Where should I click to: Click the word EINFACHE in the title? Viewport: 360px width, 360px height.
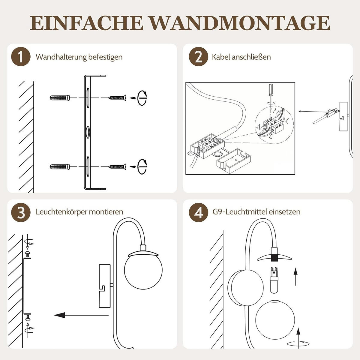coord(86,23)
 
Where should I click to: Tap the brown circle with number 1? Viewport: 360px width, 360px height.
coord(21,56)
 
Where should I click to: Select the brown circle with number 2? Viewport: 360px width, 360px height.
coord(198,56)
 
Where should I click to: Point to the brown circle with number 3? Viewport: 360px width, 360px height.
coord(21,212)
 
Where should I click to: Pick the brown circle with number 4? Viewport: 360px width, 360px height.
coord(198,212)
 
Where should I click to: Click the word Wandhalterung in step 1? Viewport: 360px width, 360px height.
coord(61,57)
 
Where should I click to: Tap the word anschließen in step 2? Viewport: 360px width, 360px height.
coord(251,57)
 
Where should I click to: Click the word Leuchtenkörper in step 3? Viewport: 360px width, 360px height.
coord(61,212)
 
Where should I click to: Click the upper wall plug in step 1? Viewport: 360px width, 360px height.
coord(60,98)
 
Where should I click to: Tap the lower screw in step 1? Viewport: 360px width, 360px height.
coord(117,166)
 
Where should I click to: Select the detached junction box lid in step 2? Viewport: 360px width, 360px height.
coord(233,161)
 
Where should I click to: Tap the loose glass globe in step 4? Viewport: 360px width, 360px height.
coord(275,319)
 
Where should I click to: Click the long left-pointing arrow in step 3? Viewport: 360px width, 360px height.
coord(81,315)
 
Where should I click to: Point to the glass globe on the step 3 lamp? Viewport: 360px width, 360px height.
coord(143,270)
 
